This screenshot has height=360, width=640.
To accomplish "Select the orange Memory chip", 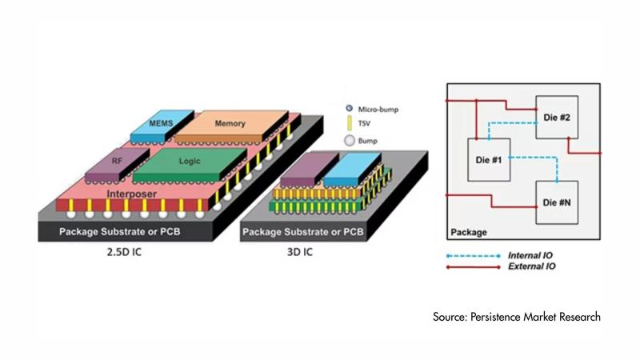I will tap(231, 124).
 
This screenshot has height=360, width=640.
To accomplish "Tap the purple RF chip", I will tap(117, 162).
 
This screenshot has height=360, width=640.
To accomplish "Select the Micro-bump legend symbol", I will tap(350, 109).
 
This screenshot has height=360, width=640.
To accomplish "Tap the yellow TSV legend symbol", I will tap(350, 124).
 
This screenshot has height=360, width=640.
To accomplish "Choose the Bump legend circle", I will tap(350, 141).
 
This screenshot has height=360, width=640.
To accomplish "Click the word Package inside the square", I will tap(470, 233).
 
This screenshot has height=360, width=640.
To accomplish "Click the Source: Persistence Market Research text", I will tap(517, 318).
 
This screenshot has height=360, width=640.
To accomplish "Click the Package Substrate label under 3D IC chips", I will tap(303, 232).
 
